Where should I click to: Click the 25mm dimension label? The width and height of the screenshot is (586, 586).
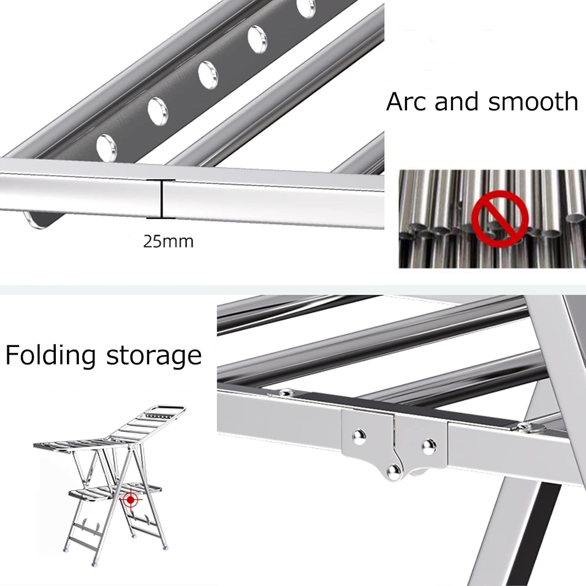coord(168,242)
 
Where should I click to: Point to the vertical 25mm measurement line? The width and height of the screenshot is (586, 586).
coord(161,198)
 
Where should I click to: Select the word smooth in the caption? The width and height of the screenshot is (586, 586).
coord(533,102)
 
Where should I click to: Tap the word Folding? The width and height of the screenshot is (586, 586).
coord(50,356)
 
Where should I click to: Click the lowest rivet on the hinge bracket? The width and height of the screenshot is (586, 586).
coord(392,472)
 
